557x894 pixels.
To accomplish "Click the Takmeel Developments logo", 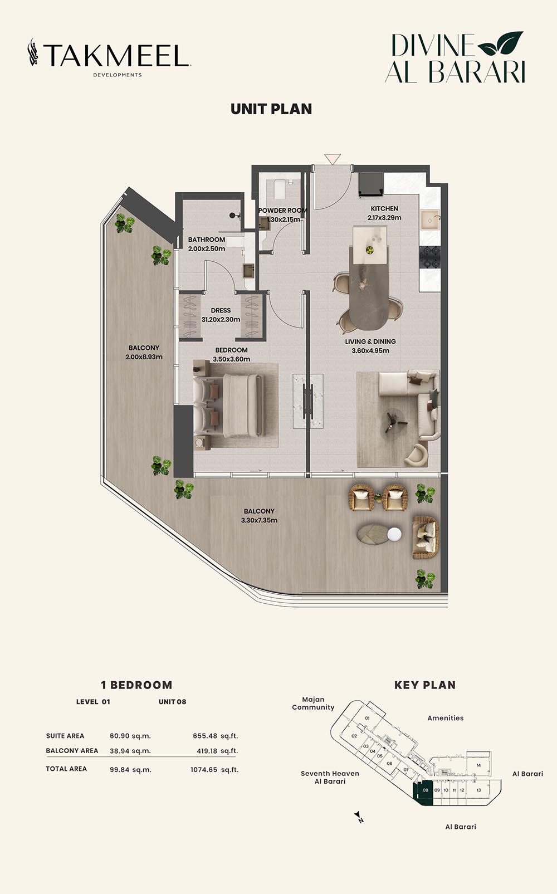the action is coord(109,57).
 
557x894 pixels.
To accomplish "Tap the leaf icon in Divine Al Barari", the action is coord(500,43).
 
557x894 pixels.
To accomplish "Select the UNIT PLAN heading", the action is coord(271,109).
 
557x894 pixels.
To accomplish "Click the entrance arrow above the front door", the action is coord(333,159).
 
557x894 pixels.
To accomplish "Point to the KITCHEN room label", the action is coord(384,208).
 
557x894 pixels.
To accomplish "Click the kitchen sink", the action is coord(430,219).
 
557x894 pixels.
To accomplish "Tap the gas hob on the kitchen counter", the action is coord(430,258).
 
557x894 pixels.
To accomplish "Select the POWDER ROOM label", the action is coord(282,211).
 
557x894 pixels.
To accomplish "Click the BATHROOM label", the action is coord(207,240).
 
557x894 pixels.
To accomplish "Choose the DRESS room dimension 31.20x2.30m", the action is coord(221,319).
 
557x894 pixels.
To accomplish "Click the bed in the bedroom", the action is coord(228,405).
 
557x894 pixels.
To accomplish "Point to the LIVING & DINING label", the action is coord(370,341).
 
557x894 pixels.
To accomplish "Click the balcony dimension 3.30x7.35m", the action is coord(260,520).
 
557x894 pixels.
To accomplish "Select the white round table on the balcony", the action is coord(394,534).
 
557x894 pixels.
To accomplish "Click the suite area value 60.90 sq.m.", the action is coord(130,736).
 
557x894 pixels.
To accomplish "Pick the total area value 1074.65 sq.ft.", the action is coord(214,770).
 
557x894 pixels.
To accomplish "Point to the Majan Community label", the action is coord(313,704).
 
